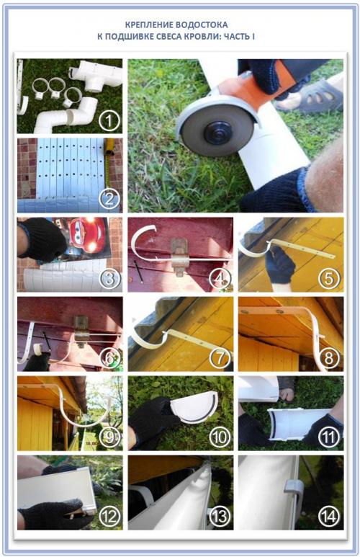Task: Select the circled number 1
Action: (109, 121)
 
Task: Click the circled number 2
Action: (109, 200)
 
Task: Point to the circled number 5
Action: (329, 278)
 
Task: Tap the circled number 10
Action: (220, 437)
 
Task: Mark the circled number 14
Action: (329, 516)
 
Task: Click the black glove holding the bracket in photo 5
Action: (281, 264)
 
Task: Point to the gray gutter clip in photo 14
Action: (294, 489)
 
